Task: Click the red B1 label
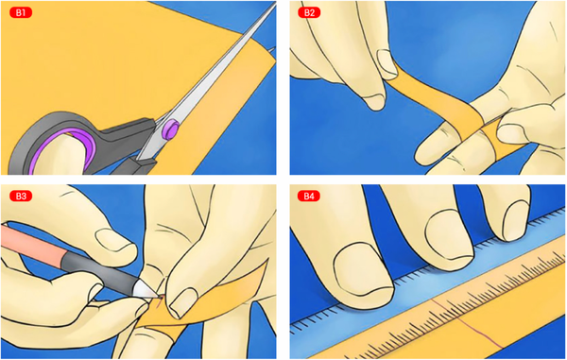[x=21, y=12]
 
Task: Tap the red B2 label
[x=309, y=12]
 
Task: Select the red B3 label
[x=21, y=196]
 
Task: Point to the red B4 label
[x=309, y=196]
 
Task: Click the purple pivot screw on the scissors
[x=171, y=129]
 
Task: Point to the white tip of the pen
[x=146, y=290]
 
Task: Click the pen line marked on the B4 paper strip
[x=467, y=322]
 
